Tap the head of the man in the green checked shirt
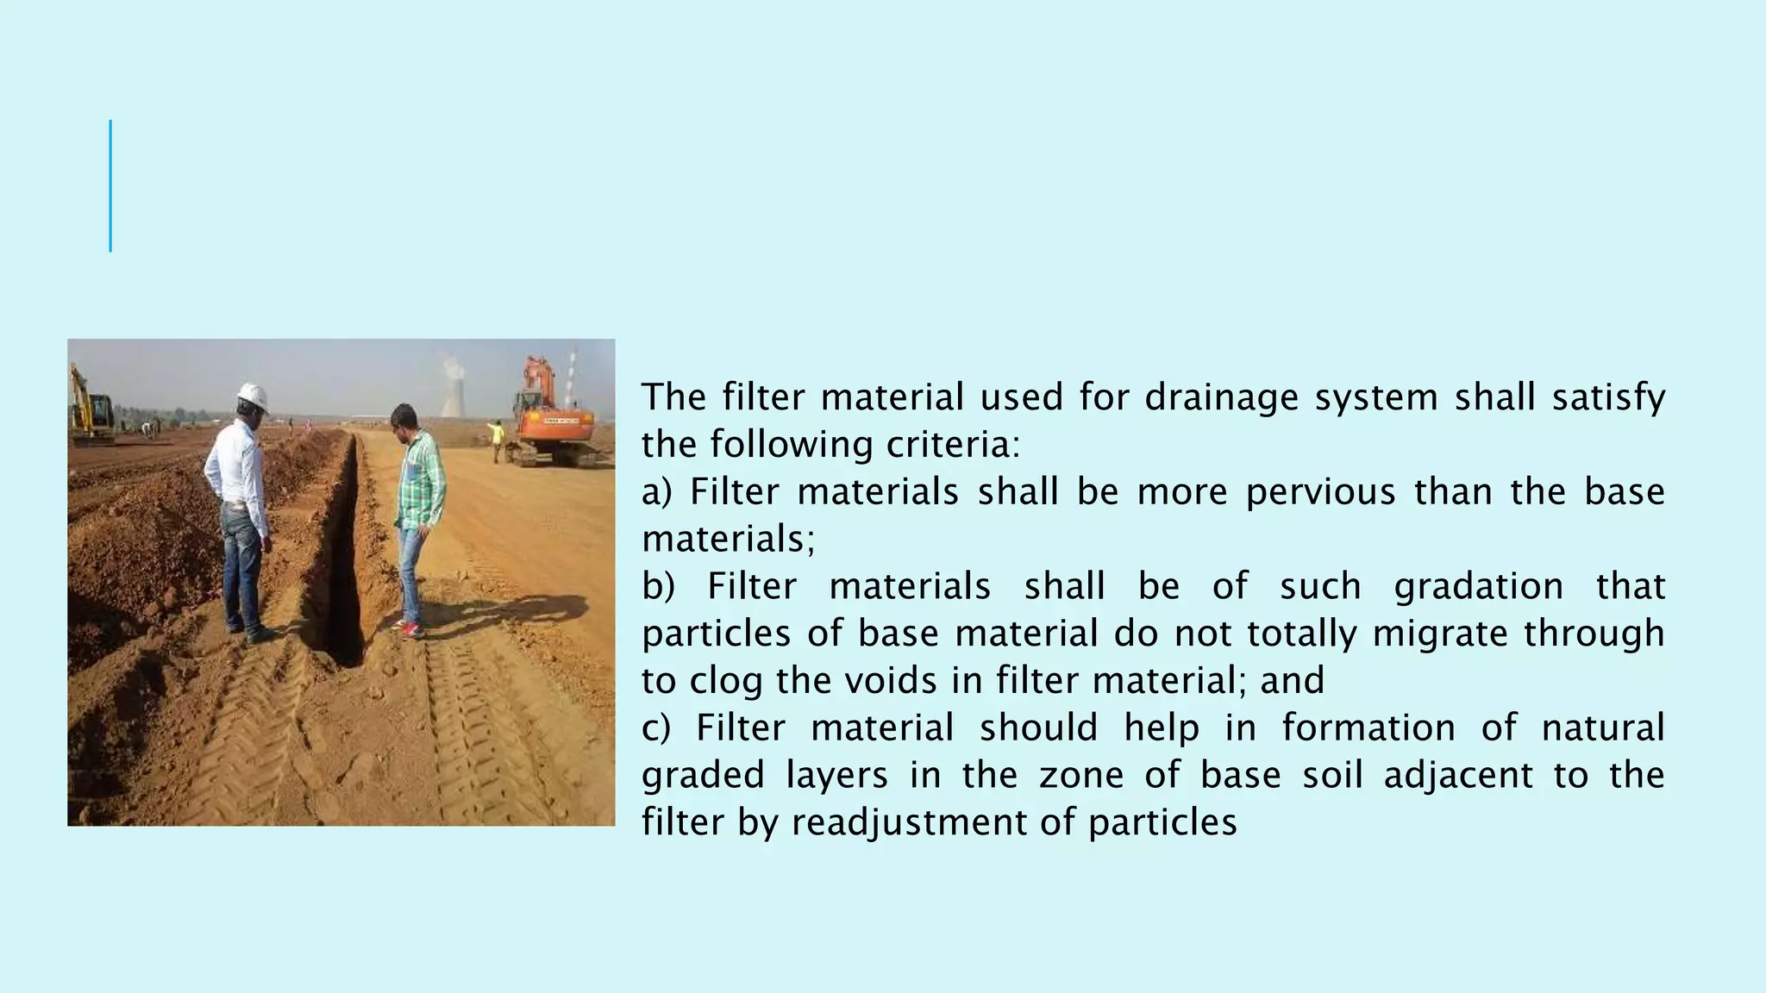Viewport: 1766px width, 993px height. tap(404, 421)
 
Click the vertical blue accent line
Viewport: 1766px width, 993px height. tap(110, 186)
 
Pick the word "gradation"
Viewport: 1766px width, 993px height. tap(1478, 586)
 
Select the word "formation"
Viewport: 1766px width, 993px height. tap(1368, 728)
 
